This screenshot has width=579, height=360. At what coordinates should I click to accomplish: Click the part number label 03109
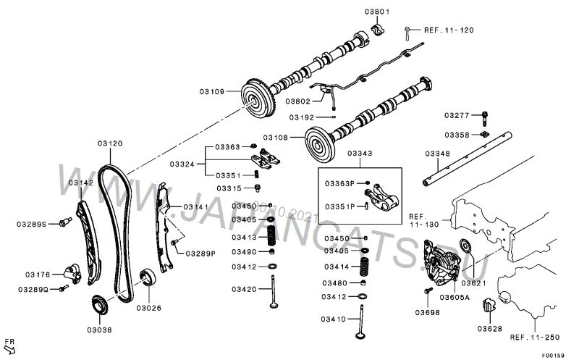(x=211, y=92)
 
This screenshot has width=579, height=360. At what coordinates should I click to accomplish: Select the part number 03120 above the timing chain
(x=111, y=143)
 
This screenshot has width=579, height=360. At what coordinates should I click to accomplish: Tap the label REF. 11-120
(x=449, y=30)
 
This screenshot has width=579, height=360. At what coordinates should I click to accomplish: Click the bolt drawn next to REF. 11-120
(x=409, y=30)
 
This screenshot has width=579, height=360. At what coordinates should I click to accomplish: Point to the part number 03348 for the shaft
(x=437, y=153)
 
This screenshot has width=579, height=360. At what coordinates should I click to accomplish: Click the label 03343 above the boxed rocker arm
(x=360, y=153)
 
